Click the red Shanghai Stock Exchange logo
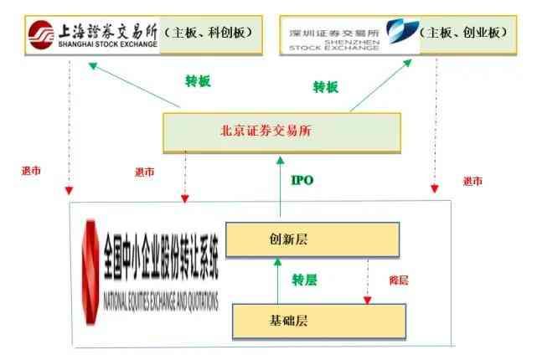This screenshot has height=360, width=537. pos(41,34)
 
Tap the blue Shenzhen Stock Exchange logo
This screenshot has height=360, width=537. pos(402,31)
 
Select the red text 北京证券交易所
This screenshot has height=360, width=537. pos(266,131)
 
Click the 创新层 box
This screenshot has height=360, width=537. pos(312,239)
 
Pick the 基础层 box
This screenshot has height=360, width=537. pos(319,321)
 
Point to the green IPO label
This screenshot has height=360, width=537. pos(302,180)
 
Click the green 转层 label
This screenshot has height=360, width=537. pos(304,280)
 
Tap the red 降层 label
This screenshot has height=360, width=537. pos(399,280)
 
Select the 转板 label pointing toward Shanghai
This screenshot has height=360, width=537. pos(198,81)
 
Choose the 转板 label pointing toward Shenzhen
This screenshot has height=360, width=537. pos(326,87)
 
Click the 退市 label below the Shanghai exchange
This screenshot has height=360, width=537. pos(31,171)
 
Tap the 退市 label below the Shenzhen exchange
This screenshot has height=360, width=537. pos(472,181)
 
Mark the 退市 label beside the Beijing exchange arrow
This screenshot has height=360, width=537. pos(145,172)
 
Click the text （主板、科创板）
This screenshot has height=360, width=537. pos(209,33)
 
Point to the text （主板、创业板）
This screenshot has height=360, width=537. pos(464,33)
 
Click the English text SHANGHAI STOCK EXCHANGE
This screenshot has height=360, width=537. pos(108,44)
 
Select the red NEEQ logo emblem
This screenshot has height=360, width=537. pos(90,272)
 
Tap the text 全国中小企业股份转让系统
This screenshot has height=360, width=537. pos(161,257)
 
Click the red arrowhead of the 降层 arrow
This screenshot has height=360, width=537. pos(368,301)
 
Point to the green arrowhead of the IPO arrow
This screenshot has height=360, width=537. pos(281,160)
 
